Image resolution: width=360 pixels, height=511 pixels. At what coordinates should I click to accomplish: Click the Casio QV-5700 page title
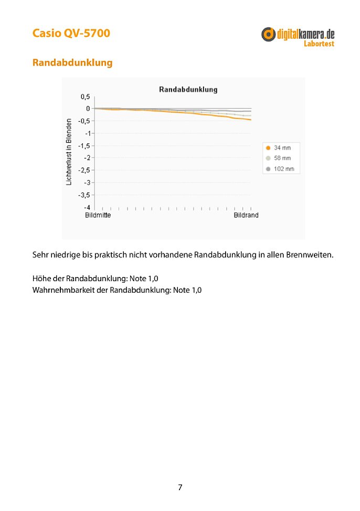71,34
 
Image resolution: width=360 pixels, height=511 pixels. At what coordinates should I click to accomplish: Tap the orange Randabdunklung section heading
72,62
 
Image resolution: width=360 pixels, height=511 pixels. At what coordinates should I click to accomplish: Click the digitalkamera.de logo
298,35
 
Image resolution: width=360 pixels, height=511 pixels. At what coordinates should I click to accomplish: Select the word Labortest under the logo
319,44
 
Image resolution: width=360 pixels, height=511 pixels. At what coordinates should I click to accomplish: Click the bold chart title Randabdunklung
188,90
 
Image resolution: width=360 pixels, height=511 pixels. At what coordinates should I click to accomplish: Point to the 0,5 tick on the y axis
85,97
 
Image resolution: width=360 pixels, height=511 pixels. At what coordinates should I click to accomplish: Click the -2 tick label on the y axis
87,158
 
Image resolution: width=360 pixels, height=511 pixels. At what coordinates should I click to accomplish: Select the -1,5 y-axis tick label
84,145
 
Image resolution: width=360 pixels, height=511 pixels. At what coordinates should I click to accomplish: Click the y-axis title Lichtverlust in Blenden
69,152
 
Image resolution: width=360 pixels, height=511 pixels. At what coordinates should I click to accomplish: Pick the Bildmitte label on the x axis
98,215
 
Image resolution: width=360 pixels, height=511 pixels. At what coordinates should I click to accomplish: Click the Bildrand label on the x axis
246,215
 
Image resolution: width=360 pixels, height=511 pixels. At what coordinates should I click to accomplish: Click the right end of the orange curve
250,120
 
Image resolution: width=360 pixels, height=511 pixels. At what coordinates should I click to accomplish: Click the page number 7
180,487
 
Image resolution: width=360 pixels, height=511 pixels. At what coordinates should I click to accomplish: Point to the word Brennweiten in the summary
309,256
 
